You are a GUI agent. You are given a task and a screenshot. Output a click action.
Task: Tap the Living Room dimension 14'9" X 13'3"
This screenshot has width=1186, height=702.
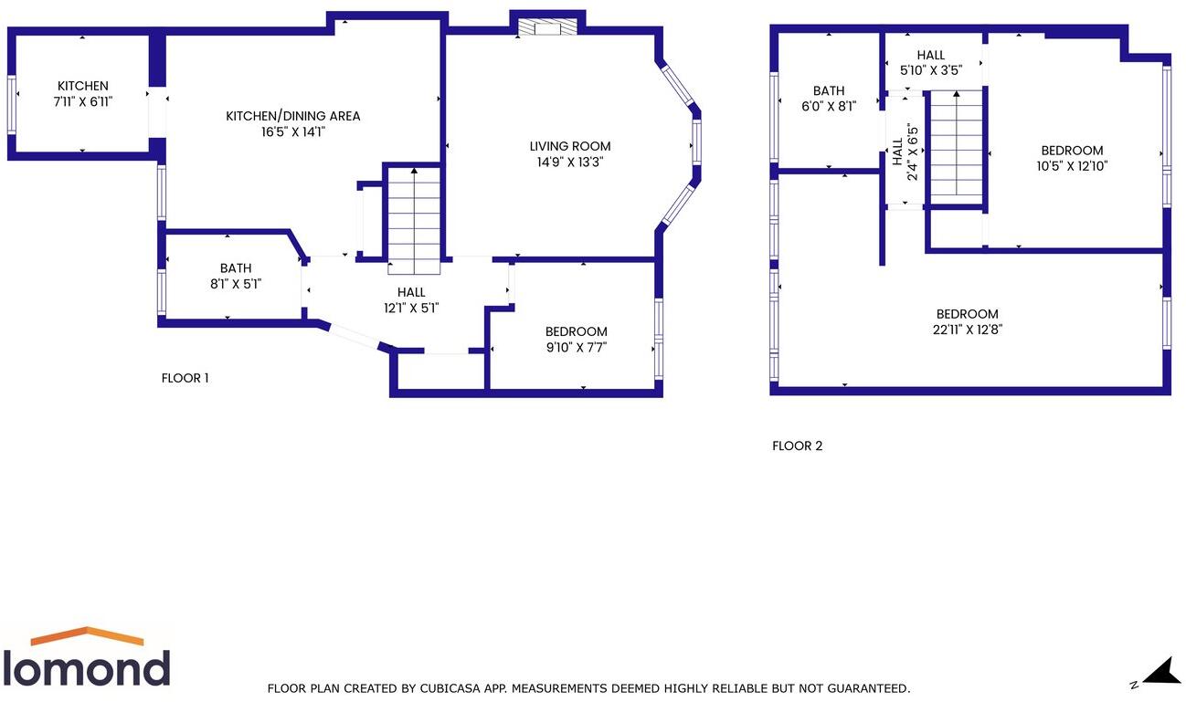570,162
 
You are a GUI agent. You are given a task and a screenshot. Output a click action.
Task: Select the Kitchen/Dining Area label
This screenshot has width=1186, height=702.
293,116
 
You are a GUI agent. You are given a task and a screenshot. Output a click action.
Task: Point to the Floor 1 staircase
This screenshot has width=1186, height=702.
414,219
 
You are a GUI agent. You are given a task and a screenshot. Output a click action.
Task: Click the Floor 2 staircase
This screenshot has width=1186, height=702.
956,146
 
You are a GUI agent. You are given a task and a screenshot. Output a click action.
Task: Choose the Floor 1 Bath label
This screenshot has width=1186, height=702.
235,268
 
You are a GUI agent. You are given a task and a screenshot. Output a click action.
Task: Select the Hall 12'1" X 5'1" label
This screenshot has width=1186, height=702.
411,292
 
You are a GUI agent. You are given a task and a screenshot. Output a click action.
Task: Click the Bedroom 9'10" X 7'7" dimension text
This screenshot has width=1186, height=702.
576,347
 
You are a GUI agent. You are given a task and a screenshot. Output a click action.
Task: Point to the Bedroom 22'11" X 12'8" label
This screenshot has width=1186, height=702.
967,314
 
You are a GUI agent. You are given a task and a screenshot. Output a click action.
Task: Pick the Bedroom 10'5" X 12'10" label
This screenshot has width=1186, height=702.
1072,151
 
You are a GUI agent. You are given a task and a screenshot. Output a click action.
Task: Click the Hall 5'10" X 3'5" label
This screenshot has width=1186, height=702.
931,56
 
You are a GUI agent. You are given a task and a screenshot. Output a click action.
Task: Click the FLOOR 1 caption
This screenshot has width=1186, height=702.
185,378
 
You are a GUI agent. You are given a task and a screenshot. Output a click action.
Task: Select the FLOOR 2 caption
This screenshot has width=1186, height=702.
797,446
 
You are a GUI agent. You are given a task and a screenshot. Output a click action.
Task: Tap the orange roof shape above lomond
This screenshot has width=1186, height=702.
87,635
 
